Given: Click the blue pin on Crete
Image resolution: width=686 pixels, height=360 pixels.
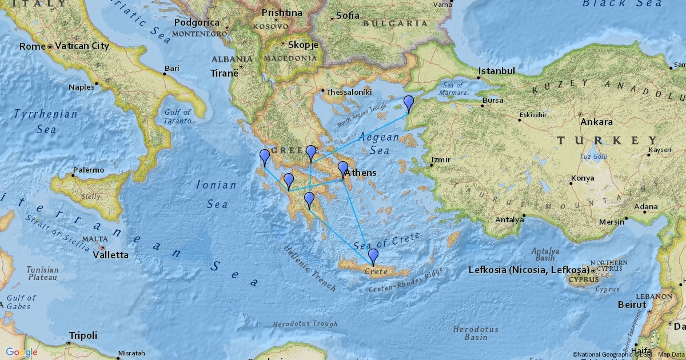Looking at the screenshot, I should click(x=373, y=257).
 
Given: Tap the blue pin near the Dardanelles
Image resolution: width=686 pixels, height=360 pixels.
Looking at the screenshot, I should click(x=408, y=103).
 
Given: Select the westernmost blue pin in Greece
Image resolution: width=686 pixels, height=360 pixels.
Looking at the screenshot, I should click(x=265, y=157).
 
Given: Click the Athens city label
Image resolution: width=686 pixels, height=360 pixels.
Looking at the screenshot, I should click(x=360, y=173).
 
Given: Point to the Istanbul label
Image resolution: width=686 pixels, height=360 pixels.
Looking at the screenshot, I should click(x=497, y=71).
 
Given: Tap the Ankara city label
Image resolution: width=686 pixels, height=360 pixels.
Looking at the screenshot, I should click(x=596, y=122).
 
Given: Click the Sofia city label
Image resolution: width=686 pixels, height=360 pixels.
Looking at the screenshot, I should click(x=348, y=15).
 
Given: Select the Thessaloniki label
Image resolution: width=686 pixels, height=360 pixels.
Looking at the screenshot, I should click(x=349, y=91).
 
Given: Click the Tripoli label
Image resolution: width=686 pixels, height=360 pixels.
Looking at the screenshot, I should click(x=83, y=335).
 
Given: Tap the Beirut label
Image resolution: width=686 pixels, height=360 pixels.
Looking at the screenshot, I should click(x=632, y=305).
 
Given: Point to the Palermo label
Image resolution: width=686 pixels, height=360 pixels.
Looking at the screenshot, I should click(x=89, y=170).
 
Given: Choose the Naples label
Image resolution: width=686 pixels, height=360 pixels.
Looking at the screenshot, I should click(x=81, y=87).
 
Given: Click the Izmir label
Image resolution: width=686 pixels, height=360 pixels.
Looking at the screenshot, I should click(x=441, y=159).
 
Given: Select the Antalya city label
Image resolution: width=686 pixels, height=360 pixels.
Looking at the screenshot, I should click(x=509, y=219).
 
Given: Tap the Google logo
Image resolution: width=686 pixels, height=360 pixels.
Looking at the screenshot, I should click(x=22, y=352).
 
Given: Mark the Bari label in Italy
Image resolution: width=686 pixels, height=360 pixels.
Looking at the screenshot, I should click(x=171, y=69).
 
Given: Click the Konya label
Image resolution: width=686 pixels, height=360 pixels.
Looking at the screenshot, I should click(x=583, y=178).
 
